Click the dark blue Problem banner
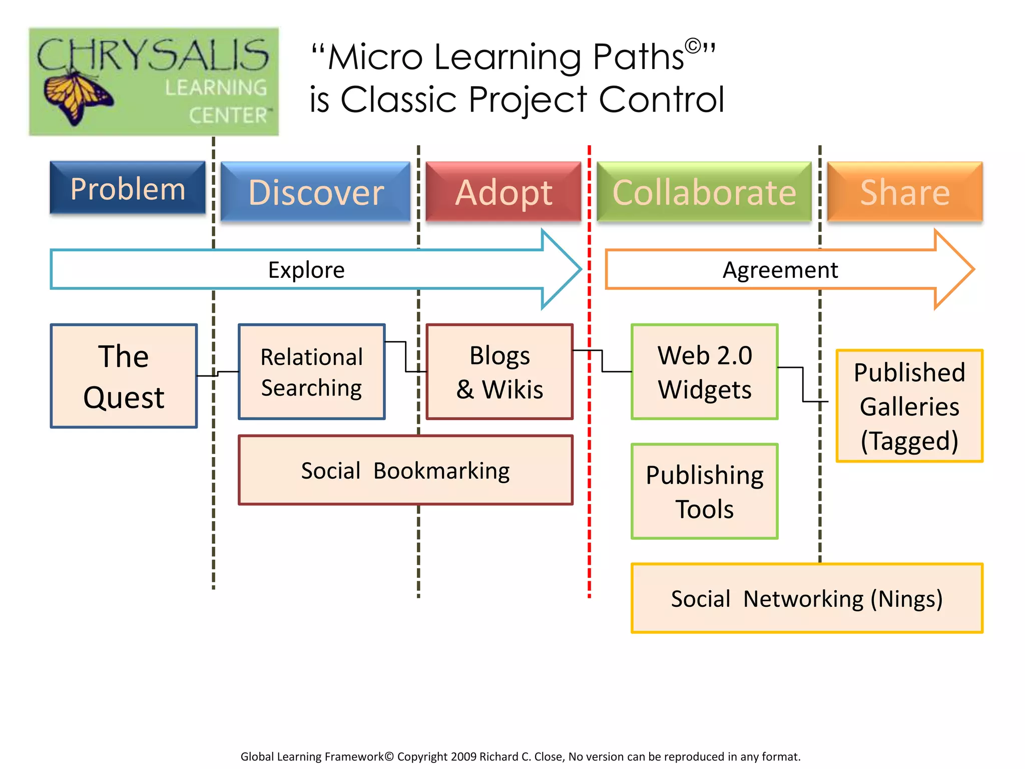[128, 188]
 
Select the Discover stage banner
[316, 192]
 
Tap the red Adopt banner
[503, 192]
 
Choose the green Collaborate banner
[704, 192]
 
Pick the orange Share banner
[905, 192]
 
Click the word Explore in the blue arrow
[306, 270]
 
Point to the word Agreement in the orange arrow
[780, 270]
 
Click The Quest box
[124, 376]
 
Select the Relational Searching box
[311, 372]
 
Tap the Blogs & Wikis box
[499, 372]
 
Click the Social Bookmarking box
[405, 470]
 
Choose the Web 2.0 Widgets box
[705, 372]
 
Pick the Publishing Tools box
[705, 492]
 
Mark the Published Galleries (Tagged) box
[909, 406]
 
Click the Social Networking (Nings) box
[807, 598]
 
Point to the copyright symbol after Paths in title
[693, 46]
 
